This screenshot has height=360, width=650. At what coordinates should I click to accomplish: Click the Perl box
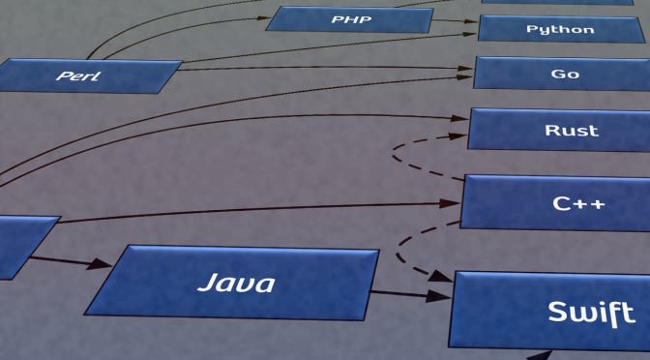pyautogui.click(x=91, y=75)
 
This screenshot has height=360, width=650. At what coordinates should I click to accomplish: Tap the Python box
pyautogui.click(x=561, y=29)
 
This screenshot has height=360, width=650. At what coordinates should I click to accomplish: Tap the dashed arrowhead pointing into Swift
pyautogui.click(x=439, y=277)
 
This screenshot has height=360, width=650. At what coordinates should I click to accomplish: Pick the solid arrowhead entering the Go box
pyautogui.click(x=463, y=67)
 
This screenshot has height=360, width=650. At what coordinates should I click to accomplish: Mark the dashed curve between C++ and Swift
pyautogui.click(x=404, y=246)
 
